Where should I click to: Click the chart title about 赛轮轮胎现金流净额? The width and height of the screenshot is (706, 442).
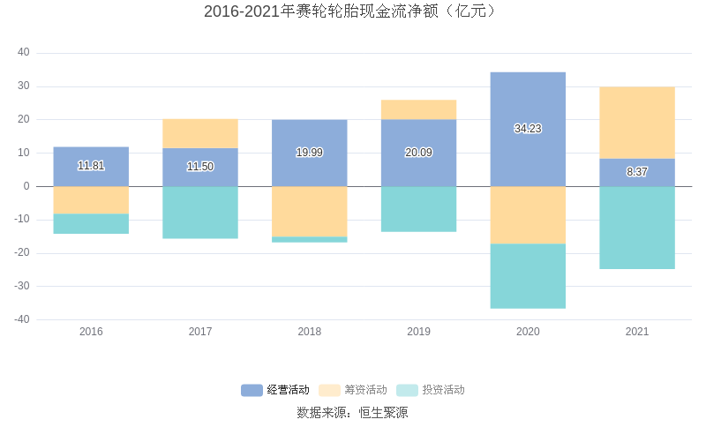(352, 11)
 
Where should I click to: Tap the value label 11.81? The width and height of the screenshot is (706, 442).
(91, 166)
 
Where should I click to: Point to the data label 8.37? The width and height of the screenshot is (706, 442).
(637, 172)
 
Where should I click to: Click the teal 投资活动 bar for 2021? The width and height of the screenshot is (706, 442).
(637, 228)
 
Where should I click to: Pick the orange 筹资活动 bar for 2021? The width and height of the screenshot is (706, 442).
(637, 123)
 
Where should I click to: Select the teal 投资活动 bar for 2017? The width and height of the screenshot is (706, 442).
(200, 213)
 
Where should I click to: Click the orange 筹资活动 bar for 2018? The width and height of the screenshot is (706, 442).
(309, 212)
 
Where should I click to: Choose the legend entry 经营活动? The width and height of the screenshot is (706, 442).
(275, 390)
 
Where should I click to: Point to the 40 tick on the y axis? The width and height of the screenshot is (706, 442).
(24, 53)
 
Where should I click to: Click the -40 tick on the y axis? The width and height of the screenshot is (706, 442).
(22, 319)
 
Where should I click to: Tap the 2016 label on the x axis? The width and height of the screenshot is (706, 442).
(91, 332)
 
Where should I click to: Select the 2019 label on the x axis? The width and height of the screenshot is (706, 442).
(418, 332)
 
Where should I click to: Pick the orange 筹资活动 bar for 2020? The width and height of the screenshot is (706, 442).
(528, 215)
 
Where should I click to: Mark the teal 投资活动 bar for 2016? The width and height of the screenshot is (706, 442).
(91, 224)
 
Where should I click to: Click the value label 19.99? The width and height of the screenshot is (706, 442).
(309, 153)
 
